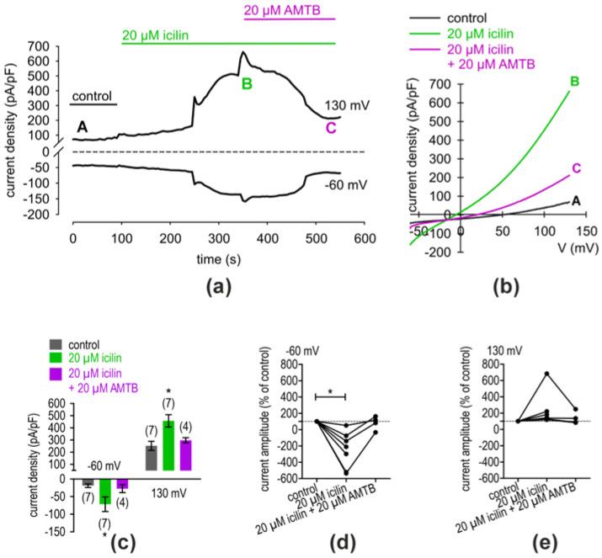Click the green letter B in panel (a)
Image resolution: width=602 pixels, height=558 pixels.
pos(247,84)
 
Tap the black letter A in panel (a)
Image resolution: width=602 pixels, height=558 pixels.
pos(83,125)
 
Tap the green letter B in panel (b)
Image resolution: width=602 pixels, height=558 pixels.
pos(575,82)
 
